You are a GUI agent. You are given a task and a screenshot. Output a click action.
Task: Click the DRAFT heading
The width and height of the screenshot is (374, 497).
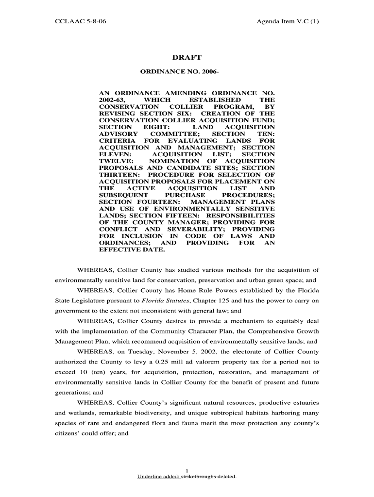pos(187,58)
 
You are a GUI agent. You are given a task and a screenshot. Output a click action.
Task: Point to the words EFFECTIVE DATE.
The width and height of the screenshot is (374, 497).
pos(132,249)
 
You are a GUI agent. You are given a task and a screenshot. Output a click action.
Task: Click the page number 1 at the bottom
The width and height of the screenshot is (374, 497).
pos(187,469)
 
